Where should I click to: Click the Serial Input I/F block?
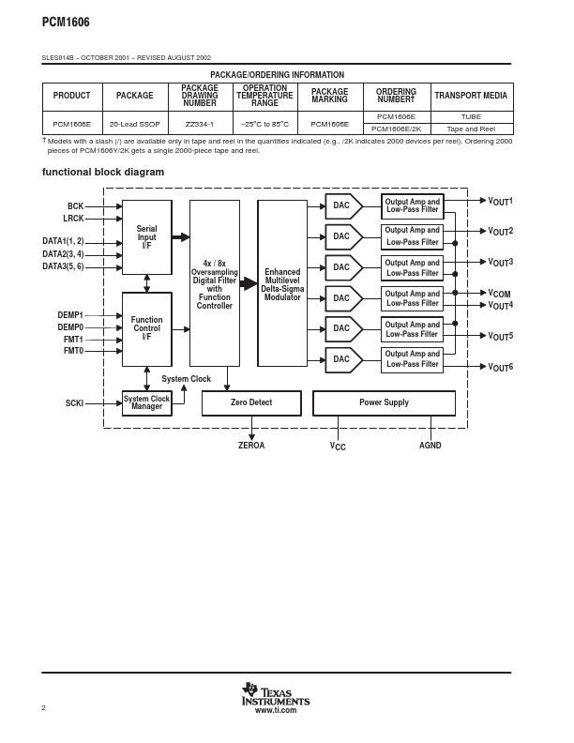tap(147, 236)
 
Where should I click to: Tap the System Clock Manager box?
tap(147, 402)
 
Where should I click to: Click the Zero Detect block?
tap(251, 402)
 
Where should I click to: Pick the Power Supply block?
tap(384, 402)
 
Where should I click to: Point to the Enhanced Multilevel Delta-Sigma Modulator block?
tap(282, 283)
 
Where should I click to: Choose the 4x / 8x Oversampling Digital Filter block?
tap(215, 283)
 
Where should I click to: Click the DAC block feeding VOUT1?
tap(342, 205)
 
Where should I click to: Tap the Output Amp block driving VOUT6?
tap(413, 359)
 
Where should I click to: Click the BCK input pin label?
tap(75, 206)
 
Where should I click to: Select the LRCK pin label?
tap(73, 219)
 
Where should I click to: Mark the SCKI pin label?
tap(74, 403)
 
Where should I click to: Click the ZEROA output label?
tap(251, 446)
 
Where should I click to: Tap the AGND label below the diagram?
tap(430, 446)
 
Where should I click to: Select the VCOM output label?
tap(499, 294)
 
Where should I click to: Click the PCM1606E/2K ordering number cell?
tap(397, 129)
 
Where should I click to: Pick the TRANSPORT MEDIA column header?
tap(471, 96)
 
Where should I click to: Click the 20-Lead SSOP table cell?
tap(134, 123)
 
